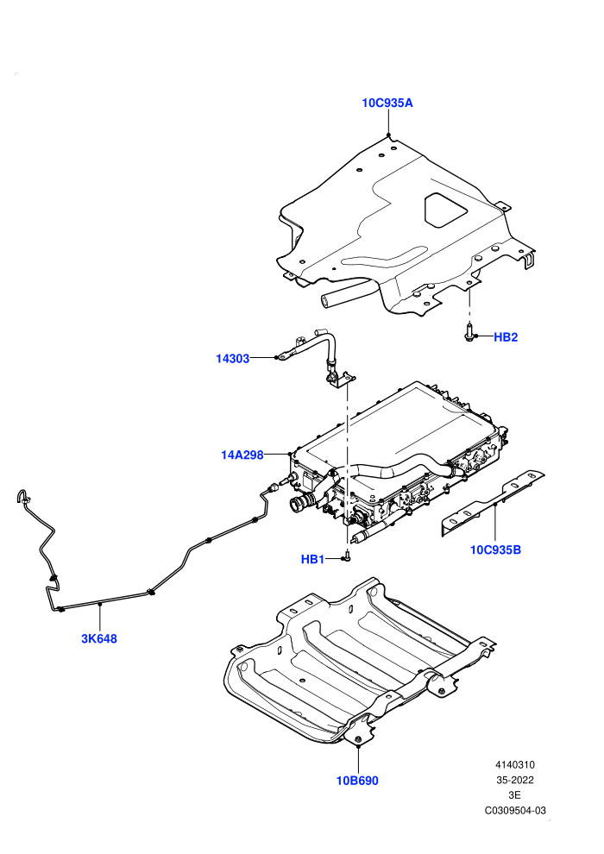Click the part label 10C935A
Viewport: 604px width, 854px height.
387,103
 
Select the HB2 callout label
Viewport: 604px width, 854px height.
506,337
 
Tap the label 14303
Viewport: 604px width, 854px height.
233,358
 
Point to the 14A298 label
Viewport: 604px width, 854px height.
242,455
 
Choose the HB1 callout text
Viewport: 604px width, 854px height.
312,559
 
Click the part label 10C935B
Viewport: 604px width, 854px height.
495,550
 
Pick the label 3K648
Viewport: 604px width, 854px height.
99,639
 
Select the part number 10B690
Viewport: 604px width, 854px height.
357,781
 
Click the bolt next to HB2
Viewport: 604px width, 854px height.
469,332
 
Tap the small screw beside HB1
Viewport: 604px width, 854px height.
347,556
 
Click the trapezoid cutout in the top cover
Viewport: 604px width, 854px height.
446,210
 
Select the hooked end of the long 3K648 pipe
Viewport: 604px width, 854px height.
23,495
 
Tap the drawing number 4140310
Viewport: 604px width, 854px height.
514,764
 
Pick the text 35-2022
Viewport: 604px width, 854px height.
514,780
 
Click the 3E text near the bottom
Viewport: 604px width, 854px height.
514,795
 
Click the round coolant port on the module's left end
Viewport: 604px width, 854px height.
299,504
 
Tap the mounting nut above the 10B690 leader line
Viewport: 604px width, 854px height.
358,739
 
